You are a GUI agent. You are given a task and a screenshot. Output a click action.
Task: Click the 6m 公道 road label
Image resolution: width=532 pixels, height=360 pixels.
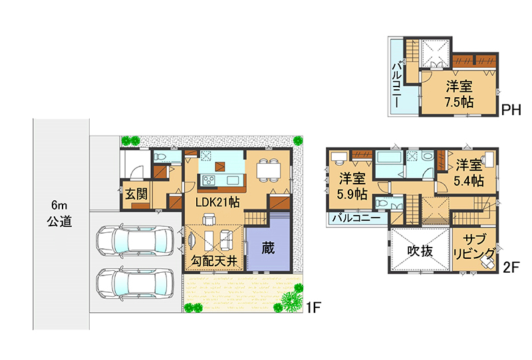(59, 214)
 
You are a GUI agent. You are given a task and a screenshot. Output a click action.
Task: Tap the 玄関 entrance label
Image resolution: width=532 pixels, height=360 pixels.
(136, 194)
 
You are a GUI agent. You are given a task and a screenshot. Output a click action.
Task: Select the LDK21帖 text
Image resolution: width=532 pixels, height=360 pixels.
(217, 202)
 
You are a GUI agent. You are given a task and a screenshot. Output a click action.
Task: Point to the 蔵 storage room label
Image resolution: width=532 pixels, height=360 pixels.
(268, 248)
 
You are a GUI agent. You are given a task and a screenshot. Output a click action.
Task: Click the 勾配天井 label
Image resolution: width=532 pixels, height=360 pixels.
(213, 261)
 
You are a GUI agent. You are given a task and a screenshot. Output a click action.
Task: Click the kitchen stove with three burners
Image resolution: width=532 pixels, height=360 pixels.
(209, 180)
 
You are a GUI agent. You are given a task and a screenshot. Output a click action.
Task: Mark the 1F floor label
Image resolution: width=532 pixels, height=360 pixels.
(313, 307)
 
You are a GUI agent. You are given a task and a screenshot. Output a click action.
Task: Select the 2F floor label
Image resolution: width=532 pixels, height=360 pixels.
(511, 268)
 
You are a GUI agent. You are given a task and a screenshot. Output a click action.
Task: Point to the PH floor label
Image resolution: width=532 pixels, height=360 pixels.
(511, 110)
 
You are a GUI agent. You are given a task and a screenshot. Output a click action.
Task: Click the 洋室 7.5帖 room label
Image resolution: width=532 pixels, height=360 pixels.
(460, 94)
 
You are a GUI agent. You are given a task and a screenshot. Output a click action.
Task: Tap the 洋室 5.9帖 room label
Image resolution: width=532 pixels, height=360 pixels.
(352, 186)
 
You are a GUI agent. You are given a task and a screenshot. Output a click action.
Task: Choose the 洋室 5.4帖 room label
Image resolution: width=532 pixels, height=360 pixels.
(469, 173)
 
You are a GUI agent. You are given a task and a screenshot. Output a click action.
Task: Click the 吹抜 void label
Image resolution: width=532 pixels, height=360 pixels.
(420, 251)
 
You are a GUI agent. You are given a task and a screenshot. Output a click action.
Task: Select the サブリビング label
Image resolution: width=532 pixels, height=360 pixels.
(474, 246)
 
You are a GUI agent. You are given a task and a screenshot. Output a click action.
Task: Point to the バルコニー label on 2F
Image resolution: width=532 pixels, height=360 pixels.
(356, 218)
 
